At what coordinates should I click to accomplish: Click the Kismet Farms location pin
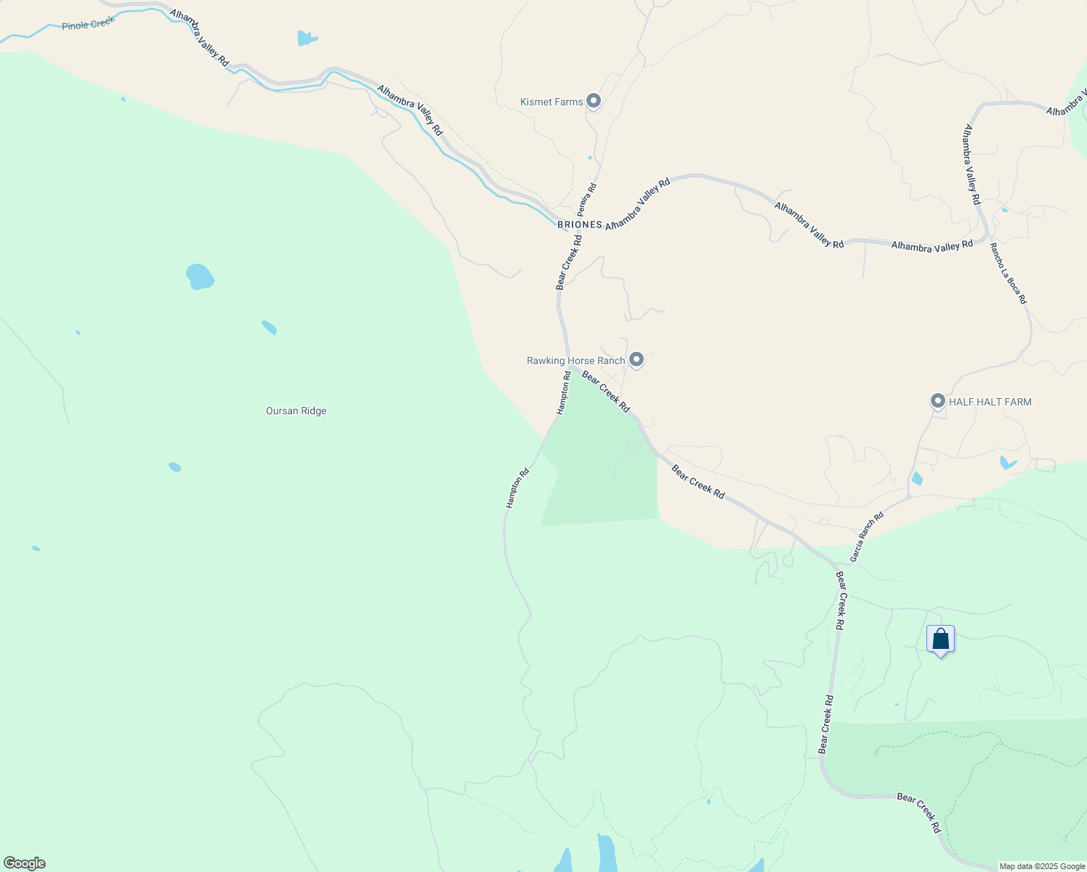point(594,101)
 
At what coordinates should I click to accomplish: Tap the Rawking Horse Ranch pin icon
point(637,359)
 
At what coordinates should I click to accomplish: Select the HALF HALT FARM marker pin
point(938,400)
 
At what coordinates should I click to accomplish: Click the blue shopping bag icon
point(940,640)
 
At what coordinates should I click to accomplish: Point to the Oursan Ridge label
point(296,411)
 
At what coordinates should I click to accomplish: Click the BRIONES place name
point(580,225)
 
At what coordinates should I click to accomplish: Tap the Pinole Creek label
point(88,25)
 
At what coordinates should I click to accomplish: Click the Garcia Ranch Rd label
point(867,537)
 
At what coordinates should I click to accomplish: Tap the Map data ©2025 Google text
point(1042,866)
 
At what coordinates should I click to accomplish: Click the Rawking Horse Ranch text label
point(575,360)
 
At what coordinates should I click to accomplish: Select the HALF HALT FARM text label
point(990,402)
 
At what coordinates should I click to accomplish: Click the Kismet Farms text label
point(551,102)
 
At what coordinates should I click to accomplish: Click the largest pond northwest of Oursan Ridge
point(200,277)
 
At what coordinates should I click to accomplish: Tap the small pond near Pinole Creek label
point(307,38)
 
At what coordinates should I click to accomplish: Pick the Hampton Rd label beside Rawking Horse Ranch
point(564,393)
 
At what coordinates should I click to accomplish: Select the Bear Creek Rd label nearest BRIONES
point(569,262)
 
